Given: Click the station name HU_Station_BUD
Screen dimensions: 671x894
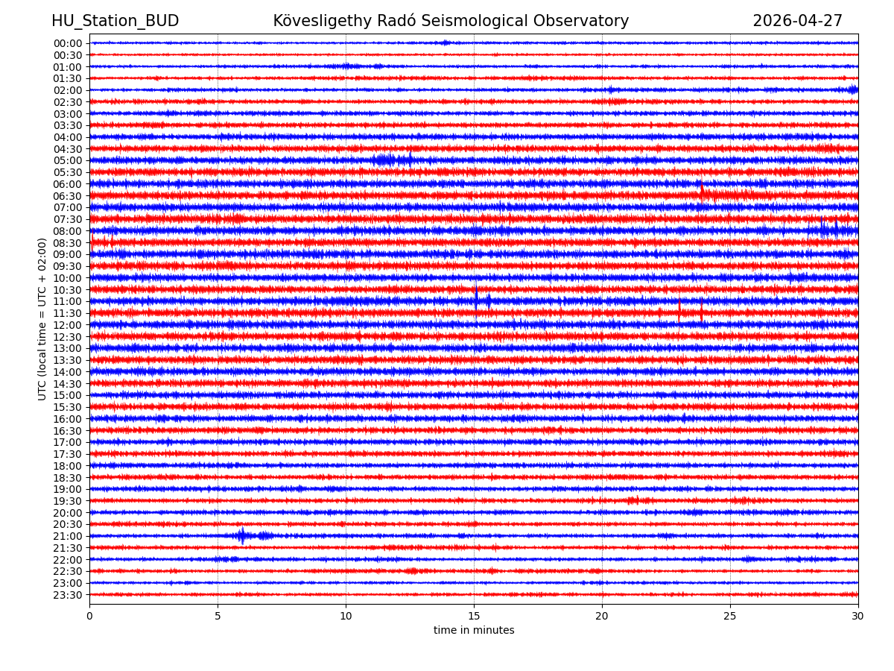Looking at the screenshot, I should pos(115,21).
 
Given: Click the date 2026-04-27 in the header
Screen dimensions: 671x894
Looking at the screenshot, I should pos(797,21).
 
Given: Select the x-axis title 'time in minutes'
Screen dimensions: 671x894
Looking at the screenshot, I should pos(474,631).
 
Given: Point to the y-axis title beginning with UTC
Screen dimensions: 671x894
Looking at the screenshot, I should pos(43,319).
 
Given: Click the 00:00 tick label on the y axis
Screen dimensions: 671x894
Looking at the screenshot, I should pos(67,43).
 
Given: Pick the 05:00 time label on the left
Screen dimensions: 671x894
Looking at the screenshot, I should pos(67,160).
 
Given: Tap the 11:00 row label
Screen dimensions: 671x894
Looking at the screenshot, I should pos(67,301).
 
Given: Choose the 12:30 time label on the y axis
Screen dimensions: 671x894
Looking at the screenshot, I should pos(67,337).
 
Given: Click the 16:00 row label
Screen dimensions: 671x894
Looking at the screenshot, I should pos(67,419).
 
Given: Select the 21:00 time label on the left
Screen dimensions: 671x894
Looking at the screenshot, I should pos(67,536).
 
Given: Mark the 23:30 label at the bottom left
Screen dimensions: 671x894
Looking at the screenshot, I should pos(67,595).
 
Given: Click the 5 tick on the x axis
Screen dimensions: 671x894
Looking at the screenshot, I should pos(218,616).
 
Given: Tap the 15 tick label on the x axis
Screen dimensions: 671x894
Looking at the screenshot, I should pos(474,616).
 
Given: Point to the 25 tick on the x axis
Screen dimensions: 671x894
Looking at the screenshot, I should pos(730,616).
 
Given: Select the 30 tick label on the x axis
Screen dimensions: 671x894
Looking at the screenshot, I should pos(857,616).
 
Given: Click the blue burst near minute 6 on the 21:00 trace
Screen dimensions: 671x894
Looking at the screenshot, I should pos(241,535).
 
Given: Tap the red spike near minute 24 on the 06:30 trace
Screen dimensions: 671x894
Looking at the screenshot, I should pos(701,193).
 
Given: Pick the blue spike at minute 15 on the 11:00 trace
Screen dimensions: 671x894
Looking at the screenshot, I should pos(476,298).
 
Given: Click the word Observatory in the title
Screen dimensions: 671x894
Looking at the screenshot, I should pos(581,21).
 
